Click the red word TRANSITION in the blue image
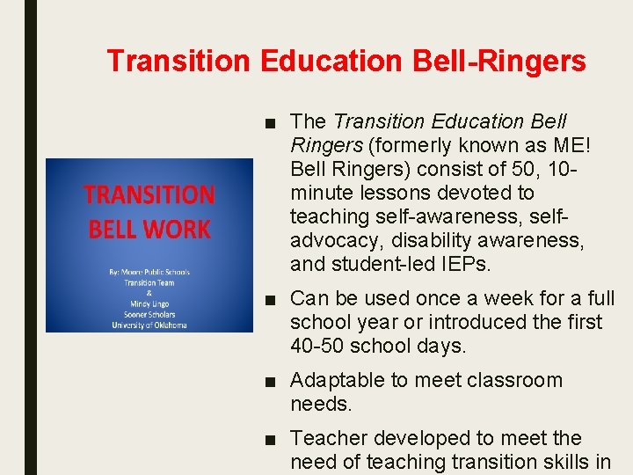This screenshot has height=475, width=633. click(x=149, y=194)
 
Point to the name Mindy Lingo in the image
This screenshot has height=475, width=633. click(x=149, y=303)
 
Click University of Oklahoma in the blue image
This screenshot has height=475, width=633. click(x=149, y=325)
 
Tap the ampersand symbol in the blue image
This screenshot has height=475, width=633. click(x=149, y=293)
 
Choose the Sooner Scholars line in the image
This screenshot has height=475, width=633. click(x=149, y=314)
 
